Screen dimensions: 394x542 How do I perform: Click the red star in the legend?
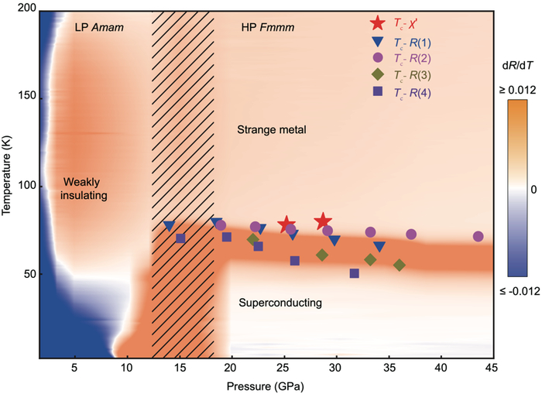click(377, 25)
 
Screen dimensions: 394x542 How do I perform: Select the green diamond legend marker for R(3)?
click(377, 74)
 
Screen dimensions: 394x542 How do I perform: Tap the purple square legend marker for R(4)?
click(377, 92)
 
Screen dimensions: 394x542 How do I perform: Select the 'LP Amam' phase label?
click(99, 27)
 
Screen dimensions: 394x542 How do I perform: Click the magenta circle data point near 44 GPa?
click(478, 237)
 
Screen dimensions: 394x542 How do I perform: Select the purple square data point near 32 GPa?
click(355, 273)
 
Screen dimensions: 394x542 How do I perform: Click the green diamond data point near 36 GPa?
click(400, 266)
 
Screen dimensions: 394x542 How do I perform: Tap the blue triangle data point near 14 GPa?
click(169, 226)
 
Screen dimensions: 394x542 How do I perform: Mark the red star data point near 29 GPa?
click(323, 222)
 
